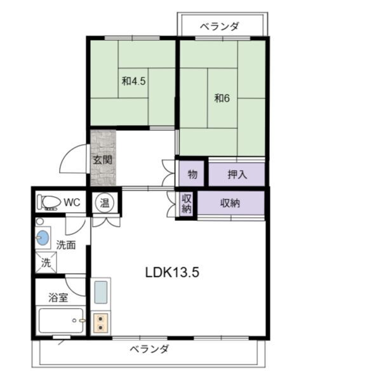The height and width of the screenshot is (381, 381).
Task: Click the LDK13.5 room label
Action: (x=173, y=272)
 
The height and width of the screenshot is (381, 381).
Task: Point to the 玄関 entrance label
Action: (x=103, y=160)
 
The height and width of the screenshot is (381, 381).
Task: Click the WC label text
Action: (x=72, y=203)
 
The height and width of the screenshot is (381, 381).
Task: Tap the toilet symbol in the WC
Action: (x=49, y=203)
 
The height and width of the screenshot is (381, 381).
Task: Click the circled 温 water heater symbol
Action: (x=105, y=203)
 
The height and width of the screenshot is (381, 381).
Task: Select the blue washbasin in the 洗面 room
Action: (x=43, y=239)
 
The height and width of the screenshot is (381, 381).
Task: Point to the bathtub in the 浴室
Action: (x=61, y=321)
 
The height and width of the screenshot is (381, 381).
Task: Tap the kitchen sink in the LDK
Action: (x=101, y=293)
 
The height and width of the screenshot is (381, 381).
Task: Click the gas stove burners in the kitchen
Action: (x=101, y=322)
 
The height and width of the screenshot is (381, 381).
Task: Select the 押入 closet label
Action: (x=237, y=174)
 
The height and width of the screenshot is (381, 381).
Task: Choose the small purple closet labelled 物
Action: (x=192, y=174)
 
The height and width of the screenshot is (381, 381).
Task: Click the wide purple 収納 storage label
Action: (x=231, y=203)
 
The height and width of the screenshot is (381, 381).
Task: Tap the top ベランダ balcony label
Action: (x=219, y=26)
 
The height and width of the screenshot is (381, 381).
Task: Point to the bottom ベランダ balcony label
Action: (x=150, y=350)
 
